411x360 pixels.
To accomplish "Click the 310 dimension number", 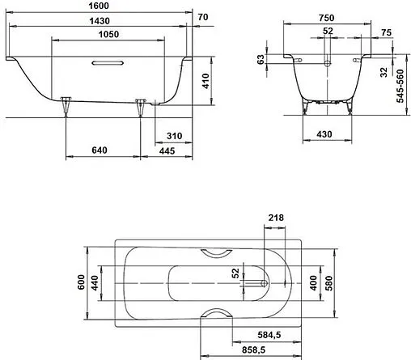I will [172, 133].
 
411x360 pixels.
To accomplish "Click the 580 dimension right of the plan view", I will [328, 284].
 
